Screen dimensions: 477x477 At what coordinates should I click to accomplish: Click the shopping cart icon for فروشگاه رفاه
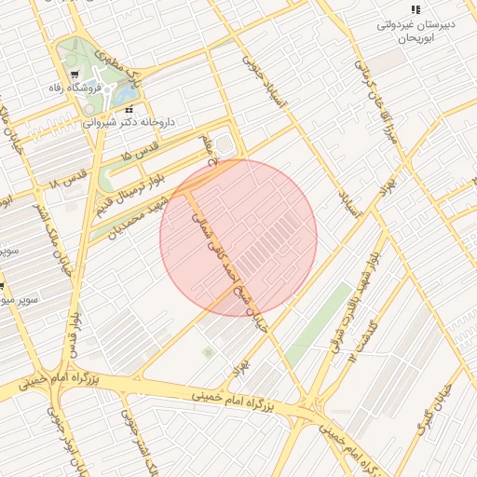coord(75,75)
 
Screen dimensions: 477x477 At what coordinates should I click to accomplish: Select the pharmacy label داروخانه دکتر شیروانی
coord(129,122)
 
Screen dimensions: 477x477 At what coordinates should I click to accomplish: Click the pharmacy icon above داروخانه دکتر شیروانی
coord(129,109)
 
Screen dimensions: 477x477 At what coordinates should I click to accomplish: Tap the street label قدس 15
coord(141,152)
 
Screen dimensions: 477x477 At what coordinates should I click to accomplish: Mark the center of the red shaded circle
coord(238,238)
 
